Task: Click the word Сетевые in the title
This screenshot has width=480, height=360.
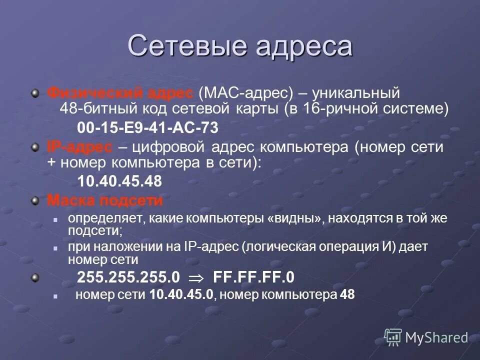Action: pos(188,46)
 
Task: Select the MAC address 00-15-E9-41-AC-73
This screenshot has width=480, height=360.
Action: pos(147,128)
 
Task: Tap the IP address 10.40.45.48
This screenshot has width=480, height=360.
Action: pos(119,181)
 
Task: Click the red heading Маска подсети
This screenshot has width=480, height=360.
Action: pos(105,200)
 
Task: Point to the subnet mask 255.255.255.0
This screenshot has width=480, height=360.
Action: pos(128,277)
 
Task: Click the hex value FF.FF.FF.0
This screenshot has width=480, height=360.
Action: pos(254,277)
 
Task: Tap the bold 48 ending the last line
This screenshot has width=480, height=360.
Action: pos(347,295)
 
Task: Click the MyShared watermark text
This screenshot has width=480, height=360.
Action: pos(436,338)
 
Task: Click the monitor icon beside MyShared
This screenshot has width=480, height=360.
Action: pos(393,337)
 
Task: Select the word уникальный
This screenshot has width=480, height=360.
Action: pos(358,92)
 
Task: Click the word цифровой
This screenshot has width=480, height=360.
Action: pos(165,147)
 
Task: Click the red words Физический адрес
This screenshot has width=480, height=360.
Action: pos(119,92)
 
